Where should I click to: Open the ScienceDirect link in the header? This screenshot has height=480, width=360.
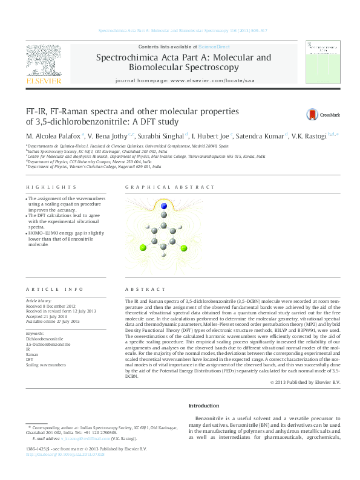point(214,47)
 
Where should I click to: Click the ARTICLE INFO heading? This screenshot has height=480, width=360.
point(50,290)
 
